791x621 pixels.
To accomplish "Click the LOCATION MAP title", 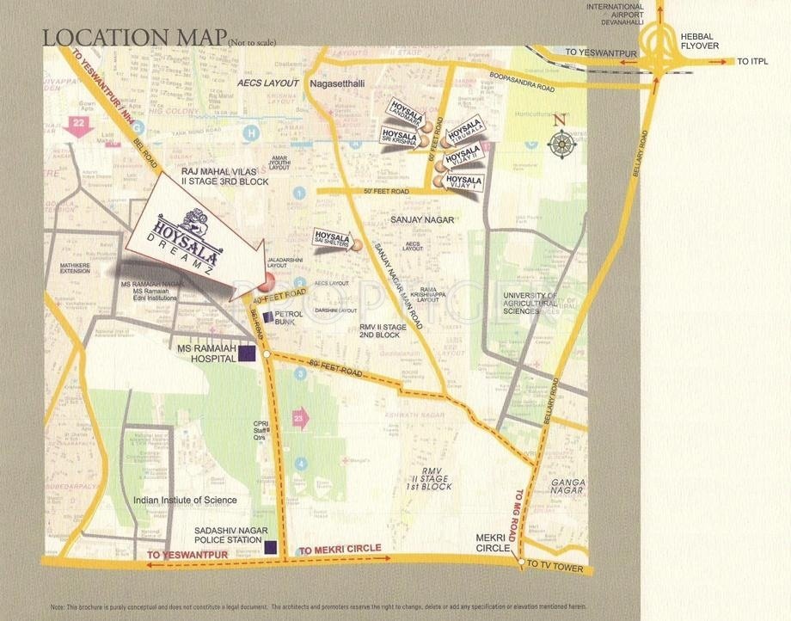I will point(133,38).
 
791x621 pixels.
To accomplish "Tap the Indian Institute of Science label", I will point(185,500).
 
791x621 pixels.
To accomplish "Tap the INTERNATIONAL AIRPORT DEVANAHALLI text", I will point(615,16).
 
